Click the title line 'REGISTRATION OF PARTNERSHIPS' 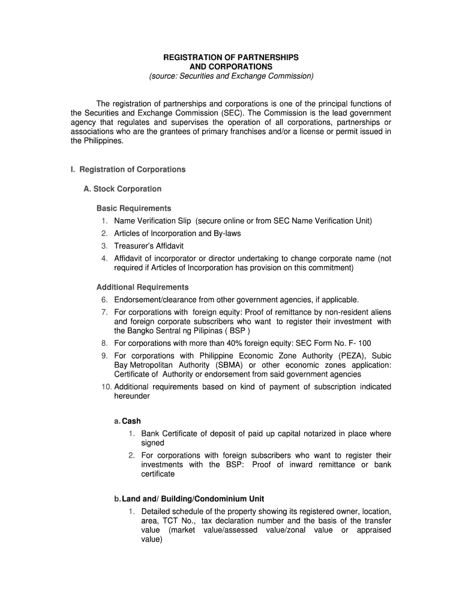point(231,57)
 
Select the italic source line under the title point(231,76)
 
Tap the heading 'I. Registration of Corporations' point(128,169)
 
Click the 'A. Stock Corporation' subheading point(122,189)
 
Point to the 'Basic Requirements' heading point(134,208)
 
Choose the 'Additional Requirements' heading point(142,287)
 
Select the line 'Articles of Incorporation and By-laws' point(178,234)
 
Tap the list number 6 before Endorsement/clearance point(104,300)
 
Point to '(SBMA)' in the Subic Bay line point(211,365)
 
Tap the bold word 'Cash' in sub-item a point(131,421)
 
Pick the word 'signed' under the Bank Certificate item point(152,443)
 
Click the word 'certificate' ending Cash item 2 point(158,474)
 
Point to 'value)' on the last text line point(152,539)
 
